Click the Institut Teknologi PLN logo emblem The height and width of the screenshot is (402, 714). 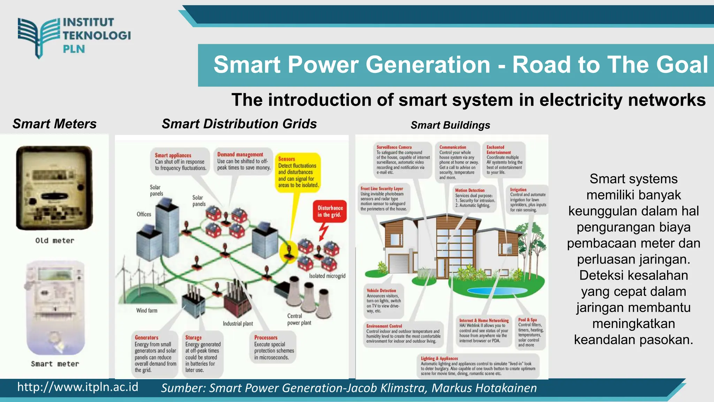pos(39,37)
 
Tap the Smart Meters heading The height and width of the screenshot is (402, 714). pos(54,124)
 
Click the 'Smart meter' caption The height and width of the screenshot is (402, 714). pos(55,364)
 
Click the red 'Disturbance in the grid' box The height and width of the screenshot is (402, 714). pos(329,211)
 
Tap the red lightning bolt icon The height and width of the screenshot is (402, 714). pos(324,231)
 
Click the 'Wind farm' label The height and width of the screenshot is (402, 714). pos(146,310)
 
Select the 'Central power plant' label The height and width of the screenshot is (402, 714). pos(299,319)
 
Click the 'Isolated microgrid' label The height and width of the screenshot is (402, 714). pos(327,276)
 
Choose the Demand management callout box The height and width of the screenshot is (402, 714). pos(243,161)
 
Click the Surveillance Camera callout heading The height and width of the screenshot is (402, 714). pos(394,147)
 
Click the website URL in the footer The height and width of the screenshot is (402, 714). pos(78,387)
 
